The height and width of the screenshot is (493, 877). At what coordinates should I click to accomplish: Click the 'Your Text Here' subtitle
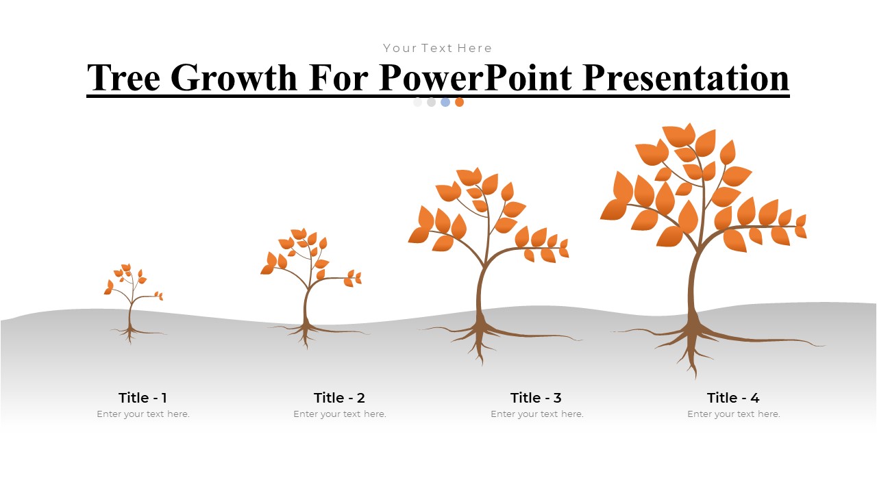(438, 48)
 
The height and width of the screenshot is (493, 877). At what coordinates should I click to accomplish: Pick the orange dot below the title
(459, 102)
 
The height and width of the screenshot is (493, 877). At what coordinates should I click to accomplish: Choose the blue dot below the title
(445, 102)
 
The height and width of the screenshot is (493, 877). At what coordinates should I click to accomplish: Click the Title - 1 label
(143, 398)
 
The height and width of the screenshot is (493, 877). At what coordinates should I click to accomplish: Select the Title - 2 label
(339, 398)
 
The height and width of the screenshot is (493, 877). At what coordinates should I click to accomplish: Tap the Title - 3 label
(536, 398)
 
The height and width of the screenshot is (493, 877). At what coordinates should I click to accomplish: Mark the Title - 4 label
(733, 398)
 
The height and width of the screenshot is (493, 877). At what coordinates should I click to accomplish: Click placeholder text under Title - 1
(143, 414)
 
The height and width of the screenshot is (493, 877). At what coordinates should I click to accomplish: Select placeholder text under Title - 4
(734, 414)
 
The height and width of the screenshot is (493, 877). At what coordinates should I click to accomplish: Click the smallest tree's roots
(130, 333)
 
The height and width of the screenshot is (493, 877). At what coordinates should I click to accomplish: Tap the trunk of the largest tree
(693, 288)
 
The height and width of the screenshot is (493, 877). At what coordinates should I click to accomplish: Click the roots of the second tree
(306, 332)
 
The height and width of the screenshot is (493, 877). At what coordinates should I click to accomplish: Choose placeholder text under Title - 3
(537, 414)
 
